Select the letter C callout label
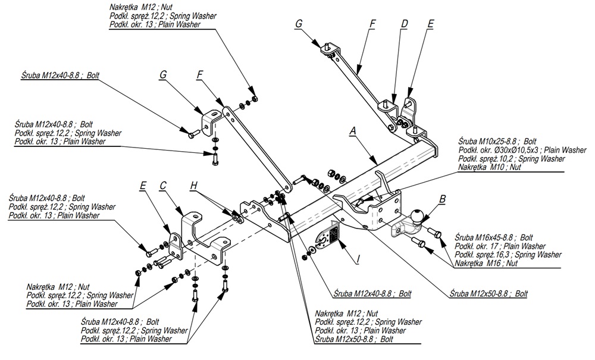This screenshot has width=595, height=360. tap(162, 186)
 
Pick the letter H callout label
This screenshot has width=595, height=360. tap(193, 186)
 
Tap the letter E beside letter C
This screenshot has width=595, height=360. tap(143, 186)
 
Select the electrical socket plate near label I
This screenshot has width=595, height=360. tap(327, 239)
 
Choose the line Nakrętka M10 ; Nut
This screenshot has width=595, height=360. tap(490, 168)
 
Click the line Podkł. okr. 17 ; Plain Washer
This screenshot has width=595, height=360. tap(500, 246)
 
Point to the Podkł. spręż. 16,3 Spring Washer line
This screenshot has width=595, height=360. tap(508, 255)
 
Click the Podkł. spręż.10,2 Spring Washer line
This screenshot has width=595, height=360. tap(511, 159)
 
